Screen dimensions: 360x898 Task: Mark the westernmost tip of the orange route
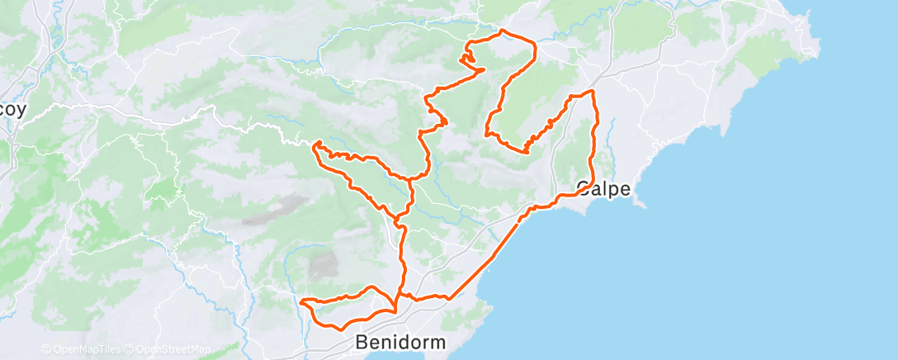pyautogui.click(x=302, y=301)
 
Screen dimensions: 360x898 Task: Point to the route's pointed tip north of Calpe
pyautogui.click(x=592, y=91)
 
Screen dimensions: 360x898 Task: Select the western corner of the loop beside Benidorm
pyautogui.click(x=302, y=301)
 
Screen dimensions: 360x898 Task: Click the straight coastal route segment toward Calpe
pyautogui.click(x=487, y=258)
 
